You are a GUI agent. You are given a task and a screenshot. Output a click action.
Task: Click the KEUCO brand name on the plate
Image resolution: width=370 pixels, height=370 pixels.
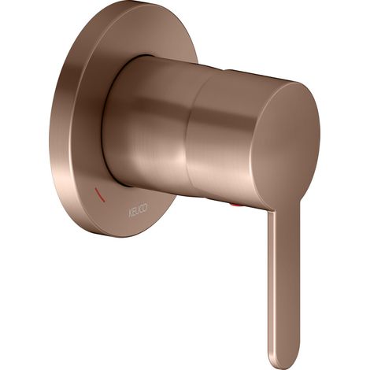point(138,209)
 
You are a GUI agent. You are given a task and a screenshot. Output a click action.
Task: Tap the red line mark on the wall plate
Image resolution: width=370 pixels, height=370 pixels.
point(100,195)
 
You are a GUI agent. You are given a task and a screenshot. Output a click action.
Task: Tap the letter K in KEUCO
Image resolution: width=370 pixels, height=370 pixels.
point(130,211)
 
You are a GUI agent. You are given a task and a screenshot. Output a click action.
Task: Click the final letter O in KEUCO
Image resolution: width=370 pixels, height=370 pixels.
point(146,207)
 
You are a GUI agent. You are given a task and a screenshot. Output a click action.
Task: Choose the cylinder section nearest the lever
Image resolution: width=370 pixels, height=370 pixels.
point(223,136)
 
